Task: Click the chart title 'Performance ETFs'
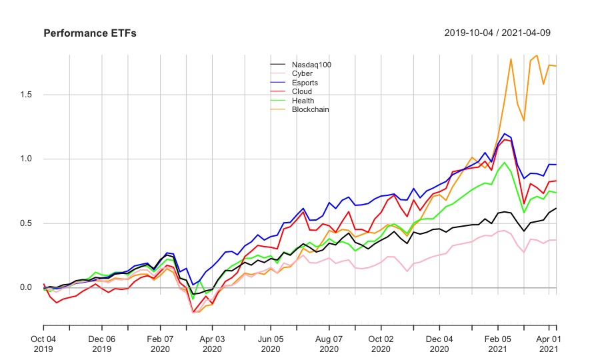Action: (x=90, y=33)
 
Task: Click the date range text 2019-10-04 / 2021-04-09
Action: (x=497, y=33)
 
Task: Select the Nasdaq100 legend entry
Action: (x=311, y=65)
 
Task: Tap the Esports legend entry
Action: (x=306, y=83)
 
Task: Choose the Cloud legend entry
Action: (x=302, y=91)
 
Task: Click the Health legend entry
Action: (x=303, y=101)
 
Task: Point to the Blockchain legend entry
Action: (x=310, y=109)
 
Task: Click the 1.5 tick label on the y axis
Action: (x=26, y=95)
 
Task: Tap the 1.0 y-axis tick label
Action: (x=26, y=159)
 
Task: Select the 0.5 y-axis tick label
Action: (x=26, y=223)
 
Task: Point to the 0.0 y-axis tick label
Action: (x=26, y=287)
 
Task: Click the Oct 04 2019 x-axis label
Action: (x=43, y=343)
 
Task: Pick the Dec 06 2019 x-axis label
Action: (x=102, y=343)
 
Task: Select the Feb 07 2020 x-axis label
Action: (x=160, y=343)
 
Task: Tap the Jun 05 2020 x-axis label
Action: (x=271, y=343)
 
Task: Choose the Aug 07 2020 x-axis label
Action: (x=329, y=343)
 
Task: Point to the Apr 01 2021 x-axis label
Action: (x=547, y=343)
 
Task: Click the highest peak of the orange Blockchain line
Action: (x=537, y=55)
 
